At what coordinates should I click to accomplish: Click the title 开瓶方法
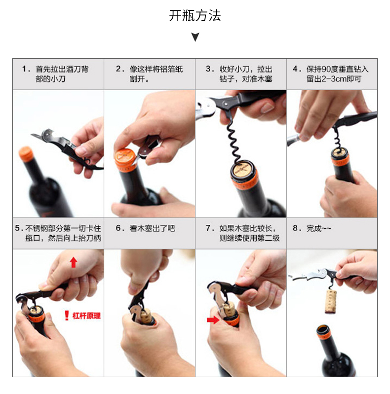(x=195, y=16)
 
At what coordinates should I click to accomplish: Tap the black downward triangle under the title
(x=195, y=37)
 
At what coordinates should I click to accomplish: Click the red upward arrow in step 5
(x=74, y=262)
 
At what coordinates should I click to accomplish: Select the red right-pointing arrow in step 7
(x=213, y=320)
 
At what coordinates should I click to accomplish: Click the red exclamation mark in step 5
(x=67, y=315)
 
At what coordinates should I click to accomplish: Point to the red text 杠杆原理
(x=86, y=316)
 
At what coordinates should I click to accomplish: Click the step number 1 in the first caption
(x=24, y=69)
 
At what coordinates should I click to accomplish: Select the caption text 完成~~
(x=318, y=228)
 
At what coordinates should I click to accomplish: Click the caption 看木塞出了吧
(x=152, y=228)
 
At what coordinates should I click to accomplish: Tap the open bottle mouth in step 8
(x=323, y=329)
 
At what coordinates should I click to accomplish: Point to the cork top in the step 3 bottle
(x=242, y=170)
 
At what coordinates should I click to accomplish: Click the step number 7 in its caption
(x=208, y=228)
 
